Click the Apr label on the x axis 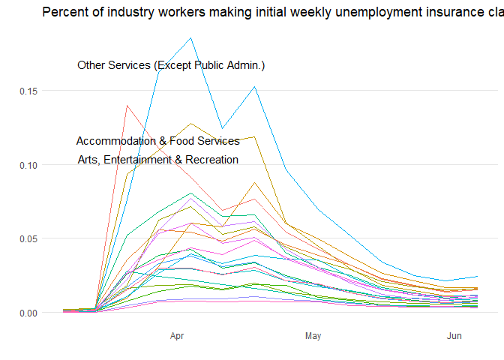pyautogui.click(x=178, y=336)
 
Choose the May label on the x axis pyautogui.click(x=313, y=336)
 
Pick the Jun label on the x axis pyautogui.click(x=454, y=336)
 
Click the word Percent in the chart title pyautogui.click(x=64, y=12)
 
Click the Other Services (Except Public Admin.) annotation pyautogui.click(x=171, y=66)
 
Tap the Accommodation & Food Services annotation pyautogui.click(x=157, y=141)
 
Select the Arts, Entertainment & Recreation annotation pyautogui.click(x=157, y=160)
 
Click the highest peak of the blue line pyautogui.click(x=191, y=38)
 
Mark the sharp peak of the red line pyautogui.click(x=127, y=105)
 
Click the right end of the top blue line pyautogui.click(x=478, y=276)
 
